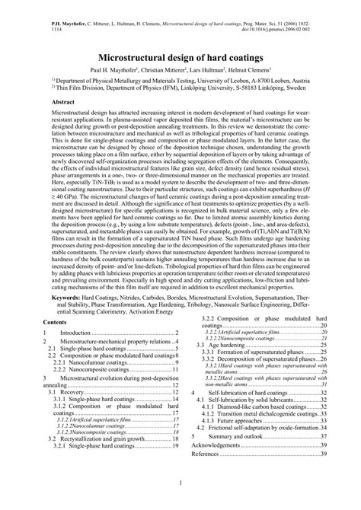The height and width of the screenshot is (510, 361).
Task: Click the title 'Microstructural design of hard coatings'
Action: (180, 59)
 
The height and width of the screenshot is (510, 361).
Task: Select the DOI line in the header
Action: (285, 21)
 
